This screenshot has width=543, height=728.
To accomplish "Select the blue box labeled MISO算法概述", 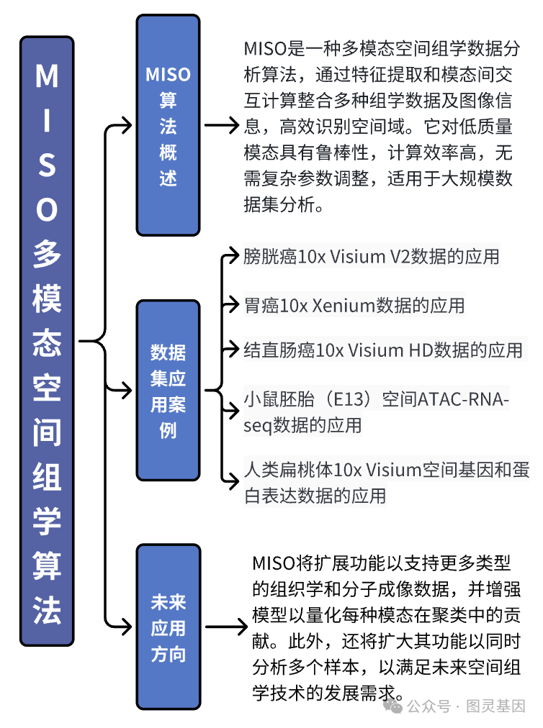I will pos(168,125).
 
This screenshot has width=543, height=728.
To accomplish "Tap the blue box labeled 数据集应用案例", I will pos(168,391).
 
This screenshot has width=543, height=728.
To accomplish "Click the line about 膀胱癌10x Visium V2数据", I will pos(371,257).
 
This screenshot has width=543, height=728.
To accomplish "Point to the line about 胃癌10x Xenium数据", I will pos(354,305).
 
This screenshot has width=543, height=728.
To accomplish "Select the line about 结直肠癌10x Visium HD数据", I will pos(382,350).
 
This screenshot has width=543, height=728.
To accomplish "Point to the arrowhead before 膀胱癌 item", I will pos(233,253).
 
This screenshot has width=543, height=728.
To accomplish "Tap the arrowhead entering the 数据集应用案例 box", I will pos(130,391).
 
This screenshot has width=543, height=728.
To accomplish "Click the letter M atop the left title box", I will pos(47,76).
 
